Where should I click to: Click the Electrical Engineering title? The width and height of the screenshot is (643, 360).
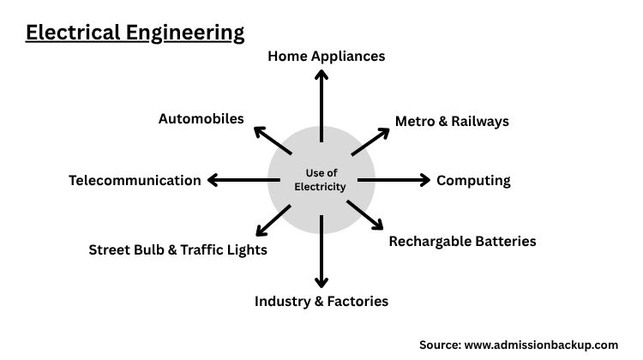click(x=135, y=33)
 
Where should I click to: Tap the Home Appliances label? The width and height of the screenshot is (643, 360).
click(x=326, y=56)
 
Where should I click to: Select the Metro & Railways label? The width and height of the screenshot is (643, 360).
click(x=452, y=121)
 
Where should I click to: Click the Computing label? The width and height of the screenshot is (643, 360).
click(x=473, y=180)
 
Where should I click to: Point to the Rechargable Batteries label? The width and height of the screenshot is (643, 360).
click(x=462, y=241)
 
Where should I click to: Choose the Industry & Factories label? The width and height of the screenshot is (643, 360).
click(x=321, y=301)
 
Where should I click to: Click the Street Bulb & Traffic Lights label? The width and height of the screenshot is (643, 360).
click(x=178, y=249)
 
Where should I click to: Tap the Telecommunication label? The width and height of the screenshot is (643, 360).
click(x=135, y=180)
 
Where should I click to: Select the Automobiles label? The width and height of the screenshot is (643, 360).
click(x=201, y=118)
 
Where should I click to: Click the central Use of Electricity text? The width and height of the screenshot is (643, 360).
click(x=321, y=180)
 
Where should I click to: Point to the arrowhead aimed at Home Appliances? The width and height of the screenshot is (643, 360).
click(x=321, y=74)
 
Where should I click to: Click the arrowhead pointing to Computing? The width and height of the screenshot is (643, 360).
click(x=424, y=180)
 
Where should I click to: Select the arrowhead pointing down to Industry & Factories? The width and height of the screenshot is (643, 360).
click(x=321, y=282)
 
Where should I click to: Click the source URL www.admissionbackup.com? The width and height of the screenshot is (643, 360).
click(x=540, y=345)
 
